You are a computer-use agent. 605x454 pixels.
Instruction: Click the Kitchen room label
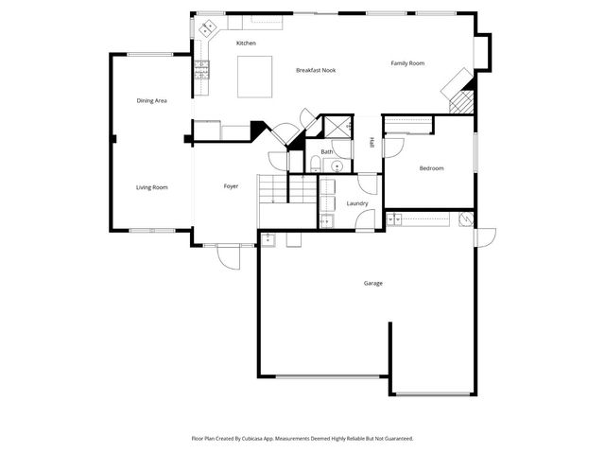[x=246, y=44]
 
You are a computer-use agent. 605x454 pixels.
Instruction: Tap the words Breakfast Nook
[x=316, y=70]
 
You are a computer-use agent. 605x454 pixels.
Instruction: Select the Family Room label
[x=408, y=63]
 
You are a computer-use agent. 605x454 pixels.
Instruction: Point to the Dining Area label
[x=152, y=100]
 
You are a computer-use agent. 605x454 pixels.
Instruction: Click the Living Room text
[x=152, y=187]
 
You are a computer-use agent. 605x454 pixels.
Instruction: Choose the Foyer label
[x=231, y=186]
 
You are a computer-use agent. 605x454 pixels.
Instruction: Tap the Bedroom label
[x=432, y=168]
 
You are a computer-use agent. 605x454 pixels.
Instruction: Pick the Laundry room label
[x=357, y=203]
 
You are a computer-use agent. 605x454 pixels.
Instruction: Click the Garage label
[x=373, y=284]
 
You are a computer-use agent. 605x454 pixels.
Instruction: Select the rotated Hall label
[x=372, y=143]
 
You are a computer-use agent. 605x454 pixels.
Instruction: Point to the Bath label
[x=327, y=152]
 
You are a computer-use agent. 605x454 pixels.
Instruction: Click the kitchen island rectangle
[x=253, y=76]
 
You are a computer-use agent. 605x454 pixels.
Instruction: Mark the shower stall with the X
[x=337, y=127]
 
